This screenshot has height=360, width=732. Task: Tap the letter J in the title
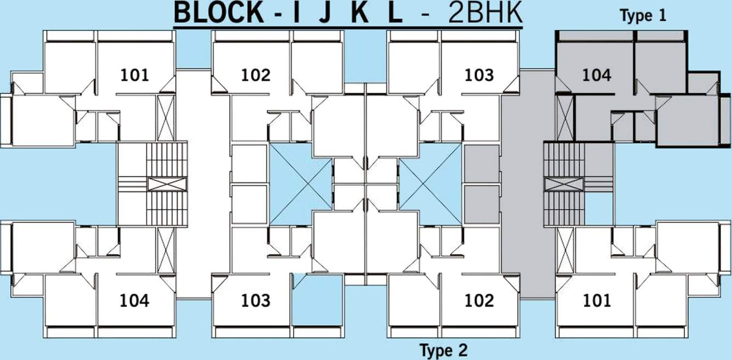[x=324, y=14]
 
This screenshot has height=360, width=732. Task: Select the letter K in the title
[x=359, y=14]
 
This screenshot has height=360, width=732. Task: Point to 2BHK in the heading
[x=485, y=14]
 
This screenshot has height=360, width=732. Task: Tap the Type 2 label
[x=443, y=349]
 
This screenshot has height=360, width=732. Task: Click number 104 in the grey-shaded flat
[x=596, y=75]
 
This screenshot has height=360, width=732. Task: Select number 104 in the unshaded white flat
[x=135, y=300]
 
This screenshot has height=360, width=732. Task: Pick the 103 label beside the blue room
[x=256, y=300]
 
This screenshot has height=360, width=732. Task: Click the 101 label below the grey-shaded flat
[x=596, y=300]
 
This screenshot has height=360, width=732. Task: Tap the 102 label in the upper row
[x=256, y=75]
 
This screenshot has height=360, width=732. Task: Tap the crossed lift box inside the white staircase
[x=167, y=184]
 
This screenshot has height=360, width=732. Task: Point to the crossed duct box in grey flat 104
[x=565, y=117]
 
